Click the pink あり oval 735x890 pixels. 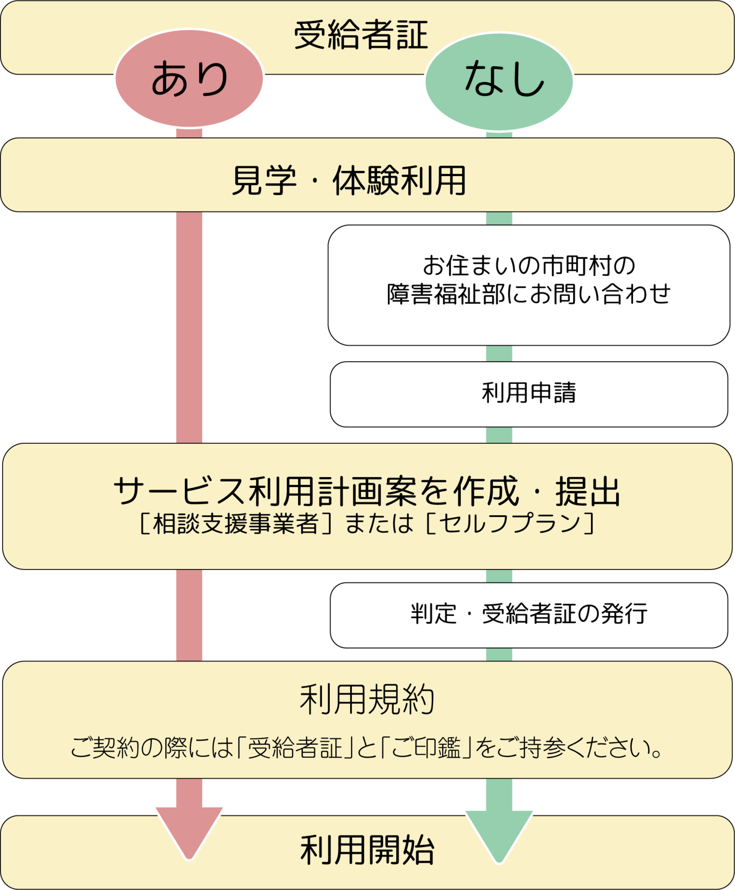click(x=189, y=79)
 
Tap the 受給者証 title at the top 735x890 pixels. click(x=360, y=36)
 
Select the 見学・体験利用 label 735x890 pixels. click(x=349, y=181)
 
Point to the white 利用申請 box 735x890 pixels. click(x=529, y=394)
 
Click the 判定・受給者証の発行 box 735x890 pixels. click(x=529, y=614)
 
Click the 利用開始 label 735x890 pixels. click(x=367, y=850)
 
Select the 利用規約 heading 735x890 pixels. click(x=367, y=699)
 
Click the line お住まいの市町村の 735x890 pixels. click(x=529, y=265)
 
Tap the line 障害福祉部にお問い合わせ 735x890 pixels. click(x=529, y=294)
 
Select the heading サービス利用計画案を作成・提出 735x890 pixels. click(x=367, y=491)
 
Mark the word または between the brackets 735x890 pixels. click(x=379, y=524)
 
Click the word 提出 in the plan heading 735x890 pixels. click(x=587, y=491)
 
